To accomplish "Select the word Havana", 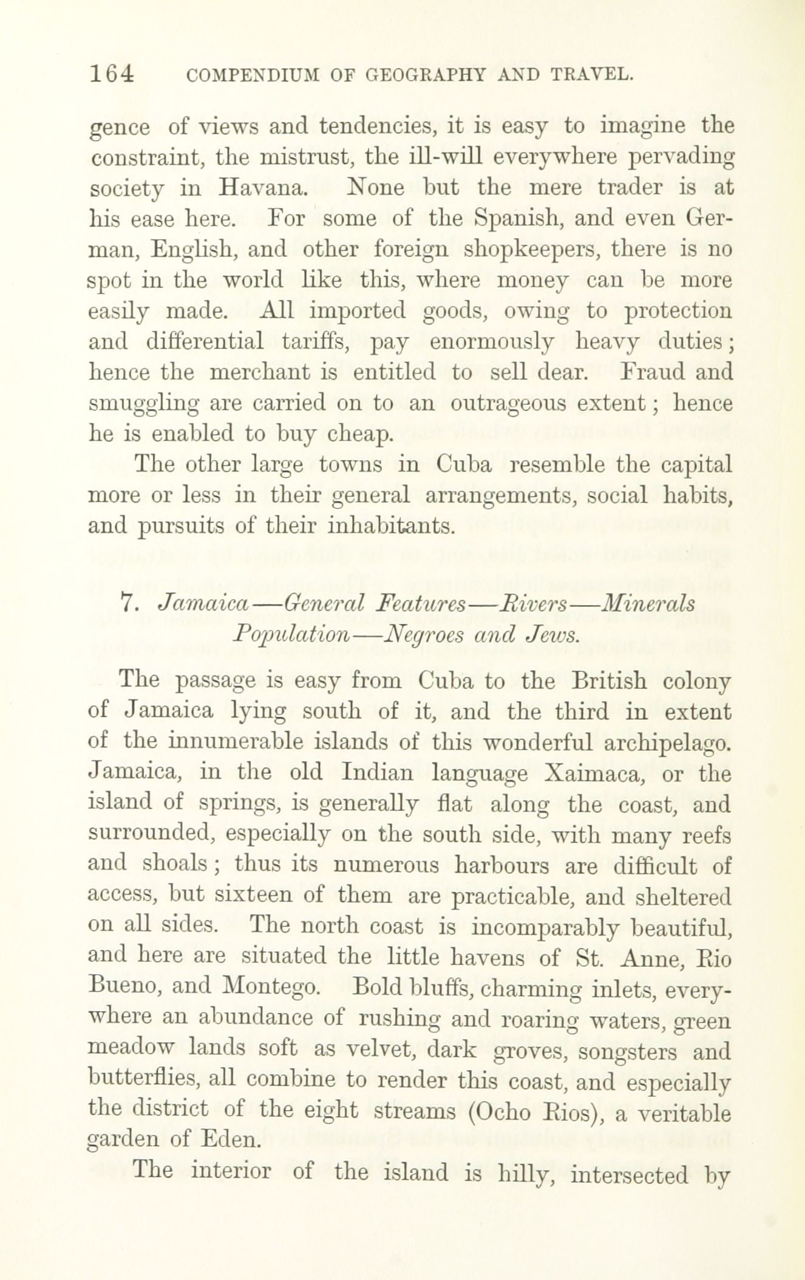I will point(261,188).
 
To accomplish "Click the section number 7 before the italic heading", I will point(127,603).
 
